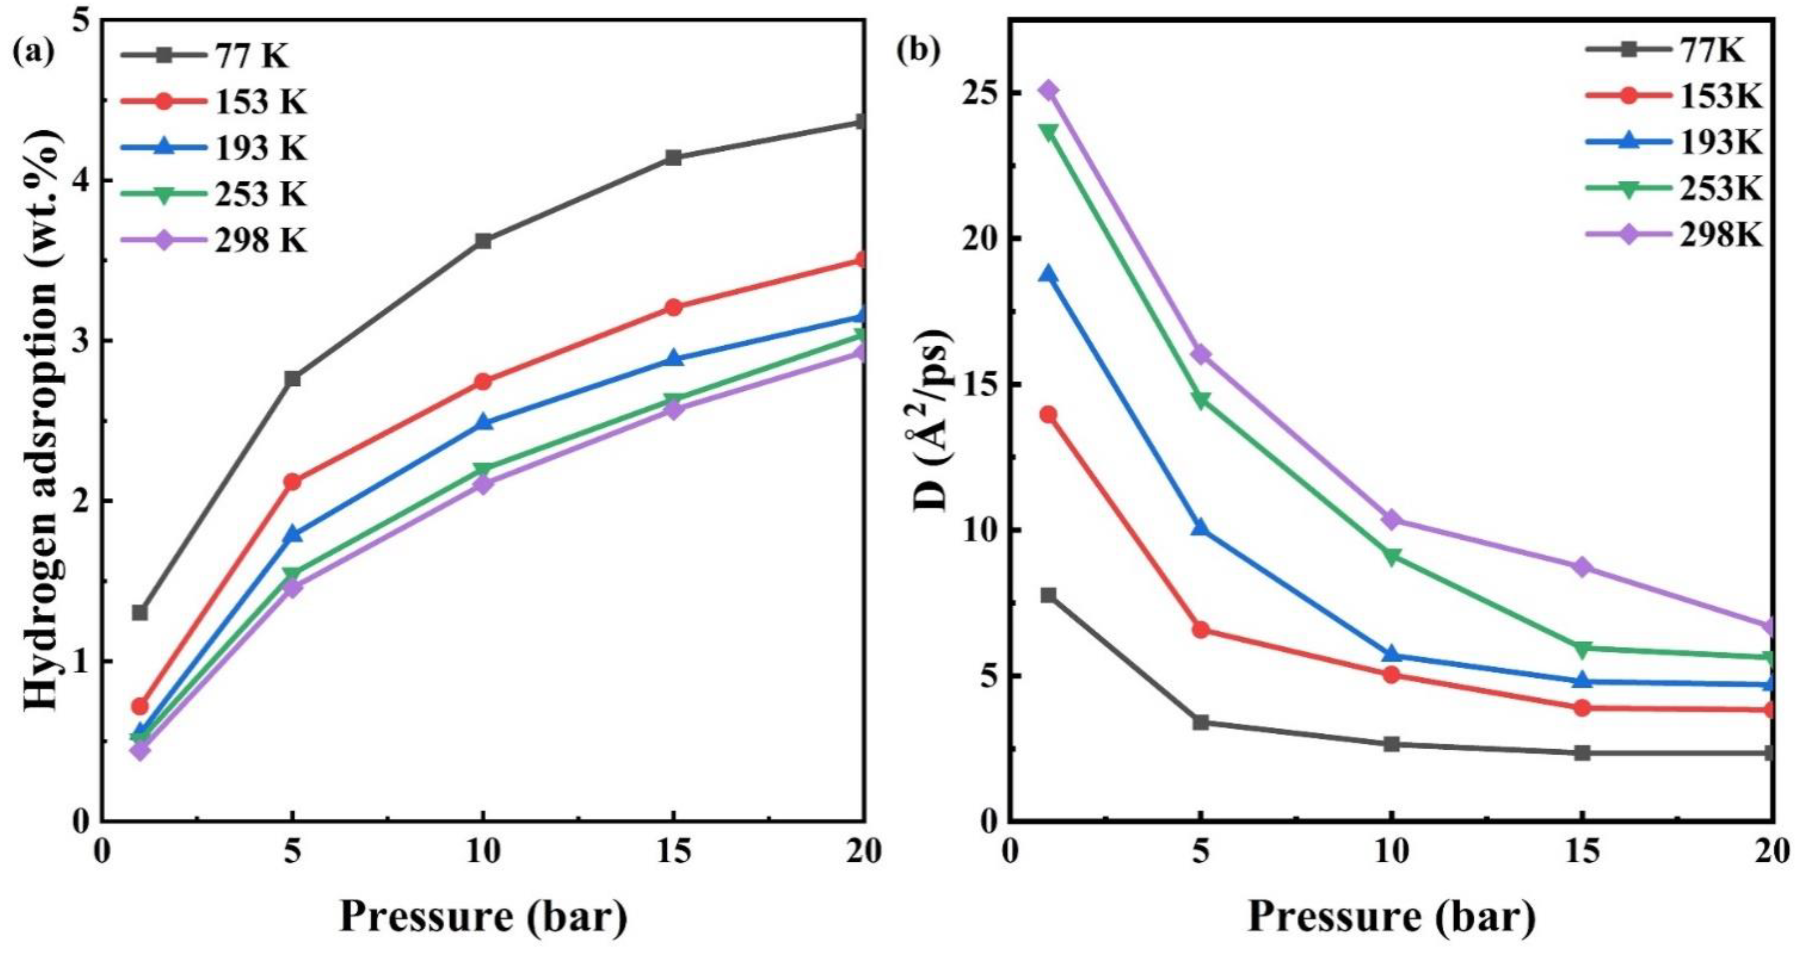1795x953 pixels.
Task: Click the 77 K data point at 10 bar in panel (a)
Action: click(x=483, y=241)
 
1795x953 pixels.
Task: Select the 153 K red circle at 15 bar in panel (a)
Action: click(x=674, y=307)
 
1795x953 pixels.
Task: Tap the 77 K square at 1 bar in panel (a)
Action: click(x=139, y=613)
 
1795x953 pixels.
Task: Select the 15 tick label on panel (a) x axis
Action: click(x=674, y=851)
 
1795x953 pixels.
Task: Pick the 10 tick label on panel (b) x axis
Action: click(x=1391, y=851)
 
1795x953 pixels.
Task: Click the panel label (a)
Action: click(x=33, y=53)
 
